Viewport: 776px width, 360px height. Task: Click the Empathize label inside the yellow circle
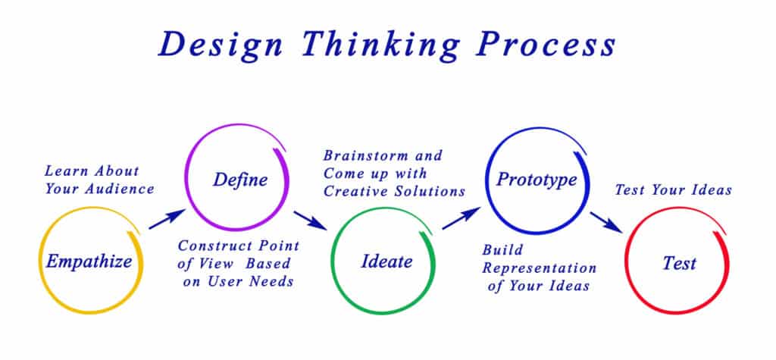[89, 262]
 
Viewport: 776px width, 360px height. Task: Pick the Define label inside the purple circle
[239, 180]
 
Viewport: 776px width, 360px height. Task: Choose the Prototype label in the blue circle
[537, 180]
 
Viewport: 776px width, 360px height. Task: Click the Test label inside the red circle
[679, 264]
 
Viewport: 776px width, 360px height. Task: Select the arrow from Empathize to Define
[166, 219]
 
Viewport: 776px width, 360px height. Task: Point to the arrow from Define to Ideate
[311, 220]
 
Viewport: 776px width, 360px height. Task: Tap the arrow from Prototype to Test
[607, 221]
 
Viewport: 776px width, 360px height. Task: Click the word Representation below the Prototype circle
[540, 268]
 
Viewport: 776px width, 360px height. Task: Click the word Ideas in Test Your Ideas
[710, 189]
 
